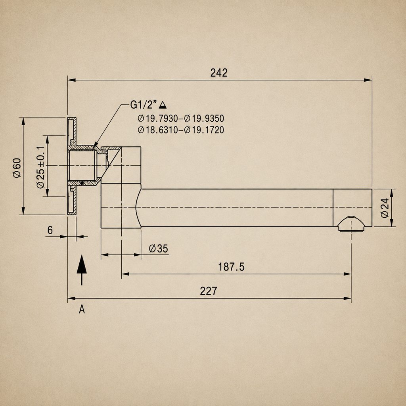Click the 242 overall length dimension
pos(219,73)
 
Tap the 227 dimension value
pos(209,291)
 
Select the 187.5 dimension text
pos(231,267)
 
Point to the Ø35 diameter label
pos(159,249)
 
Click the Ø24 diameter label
pos(385,208)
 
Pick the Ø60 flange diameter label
pos(17,168)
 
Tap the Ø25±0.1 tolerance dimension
pos(41,167)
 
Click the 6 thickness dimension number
pos(50,230)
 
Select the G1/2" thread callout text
pos(144,105)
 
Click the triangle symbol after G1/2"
pos(163,105)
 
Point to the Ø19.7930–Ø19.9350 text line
pos(181,119)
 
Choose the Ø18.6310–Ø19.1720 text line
pos(181,130)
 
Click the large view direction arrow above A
pos(82,270)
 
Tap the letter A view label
pos(82,309)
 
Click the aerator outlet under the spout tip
pos(351,224)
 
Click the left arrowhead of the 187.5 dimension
pos(126,274)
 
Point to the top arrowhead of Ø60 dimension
pos(23,121)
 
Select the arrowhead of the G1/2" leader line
pos(94,146)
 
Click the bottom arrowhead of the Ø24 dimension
pos(391,223)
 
